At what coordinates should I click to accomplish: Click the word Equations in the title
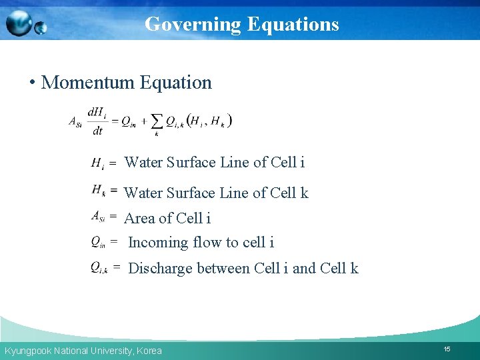point(293,24)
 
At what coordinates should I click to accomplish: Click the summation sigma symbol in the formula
point(157,121)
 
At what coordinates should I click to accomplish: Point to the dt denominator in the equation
point(97,131)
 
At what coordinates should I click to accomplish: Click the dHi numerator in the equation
point(97,113)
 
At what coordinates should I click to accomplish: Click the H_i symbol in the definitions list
point(97,163)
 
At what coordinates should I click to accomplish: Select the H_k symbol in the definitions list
point(98,191)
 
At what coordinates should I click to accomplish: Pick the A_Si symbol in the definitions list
point(97,216)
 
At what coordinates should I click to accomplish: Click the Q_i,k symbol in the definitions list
point(99,268)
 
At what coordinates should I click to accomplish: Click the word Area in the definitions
point(139,218)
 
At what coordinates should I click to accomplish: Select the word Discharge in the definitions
point(160,268)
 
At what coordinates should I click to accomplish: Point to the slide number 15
point(447,349)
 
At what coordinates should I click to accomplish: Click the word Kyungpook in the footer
point(26,351)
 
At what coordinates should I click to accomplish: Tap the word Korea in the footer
point(149,351)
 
